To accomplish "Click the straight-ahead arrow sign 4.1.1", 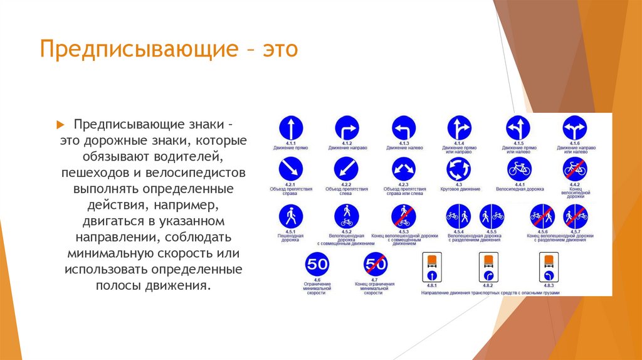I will coord(290,128).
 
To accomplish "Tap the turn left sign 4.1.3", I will coord(403,128).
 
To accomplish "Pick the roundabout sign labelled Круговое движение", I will coord(458,168).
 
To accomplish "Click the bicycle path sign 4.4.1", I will coord(518,168).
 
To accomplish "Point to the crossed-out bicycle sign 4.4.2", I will coord(575,168).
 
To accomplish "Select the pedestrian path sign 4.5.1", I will coord(290,216).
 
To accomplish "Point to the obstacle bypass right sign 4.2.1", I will coord(290,168).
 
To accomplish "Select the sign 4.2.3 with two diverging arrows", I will coord(403,168).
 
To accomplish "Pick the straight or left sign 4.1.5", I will coord(518,128).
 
